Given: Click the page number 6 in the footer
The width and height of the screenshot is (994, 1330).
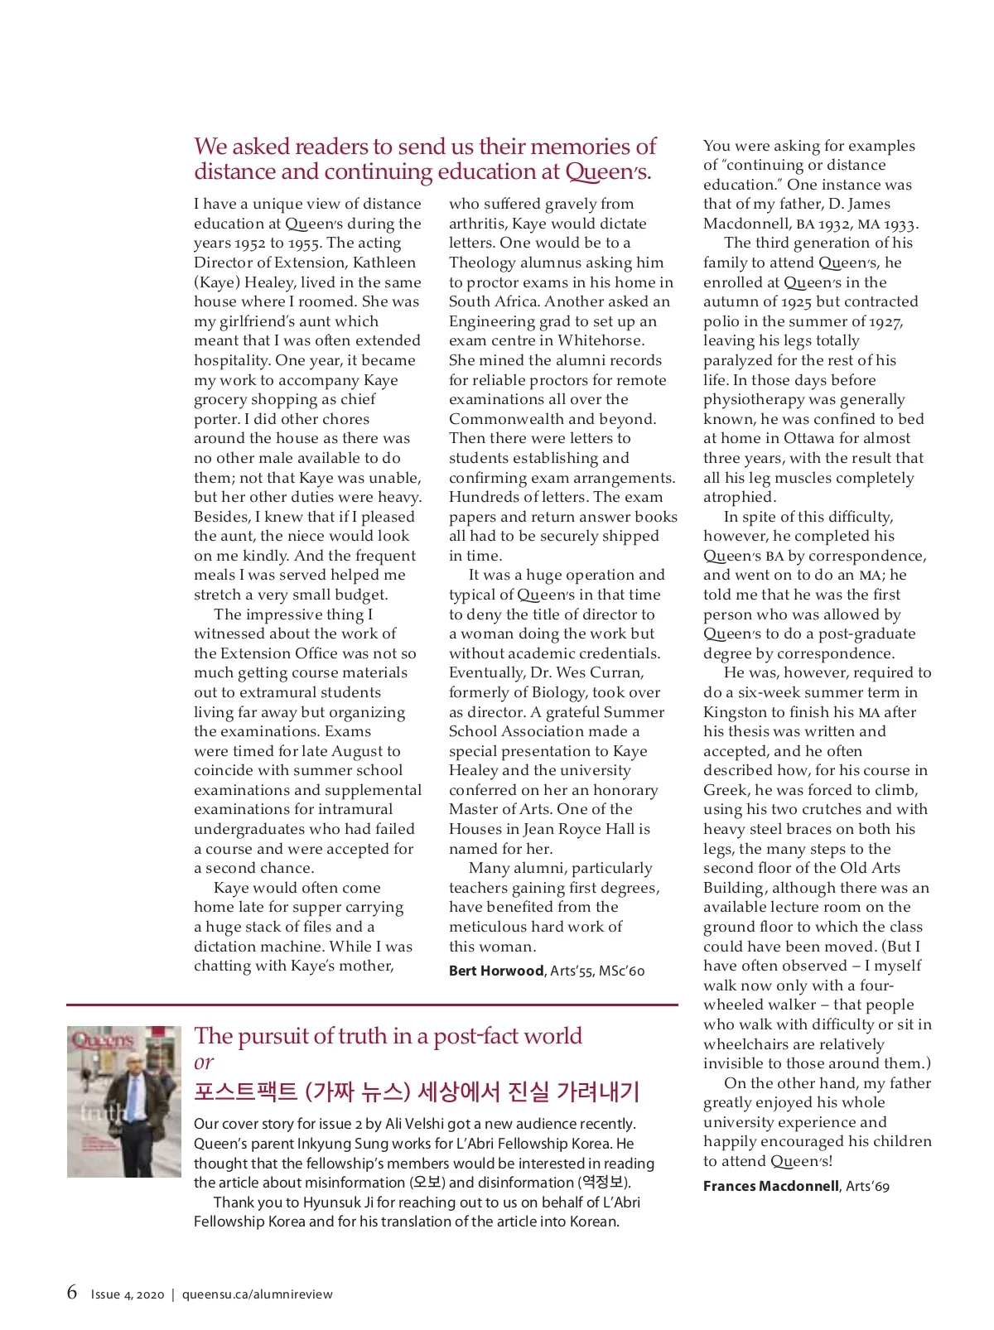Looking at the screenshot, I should tap(72, 1292).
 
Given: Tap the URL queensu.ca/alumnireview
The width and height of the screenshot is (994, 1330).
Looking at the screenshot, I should tap(257, 1294).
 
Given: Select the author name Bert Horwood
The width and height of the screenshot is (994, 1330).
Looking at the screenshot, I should tap(496, 971).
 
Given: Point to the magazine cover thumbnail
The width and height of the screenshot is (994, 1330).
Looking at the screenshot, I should tap(124, 1101).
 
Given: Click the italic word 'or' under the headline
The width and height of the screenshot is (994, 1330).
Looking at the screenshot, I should tap(204, 1062).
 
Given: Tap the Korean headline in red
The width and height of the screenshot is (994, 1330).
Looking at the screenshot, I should tap(417, 1091).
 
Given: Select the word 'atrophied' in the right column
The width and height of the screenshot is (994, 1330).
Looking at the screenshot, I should tap(740, 497).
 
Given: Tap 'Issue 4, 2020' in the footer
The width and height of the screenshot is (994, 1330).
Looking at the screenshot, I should tap(128, 1294).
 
